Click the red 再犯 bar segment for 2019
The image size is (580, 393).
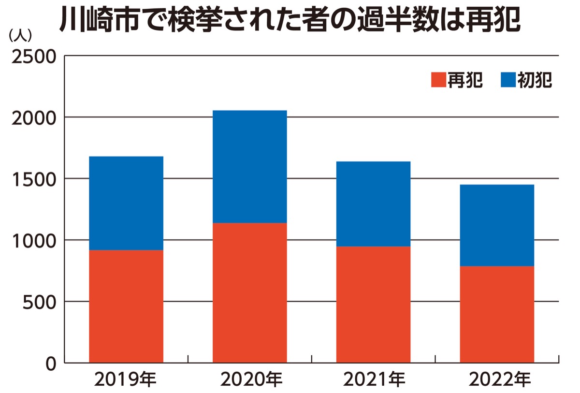click(x=126, y=306)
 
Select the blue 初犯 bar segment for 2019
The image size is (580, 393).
click(x=126, y=203)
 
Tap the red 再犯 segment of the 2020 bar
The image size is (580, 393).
click(x=249, y=292)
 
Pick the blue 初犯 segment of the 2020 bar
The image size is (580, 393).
click(x=249, y=166)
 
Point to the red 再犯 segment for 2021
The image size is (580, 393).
click(x=373, y=304)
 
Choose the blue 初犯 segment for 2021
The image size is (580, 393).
click(x=373, y=204)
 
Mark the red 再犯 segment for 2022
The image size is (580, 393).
click(x=497, y=314)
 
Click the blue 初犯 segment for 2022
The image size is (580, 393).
click(x=497, y=225)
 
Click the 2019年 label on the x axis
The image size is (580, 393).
click(x=126, y=380)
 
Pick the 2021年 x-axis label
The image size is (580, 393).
click(x=374, y=380)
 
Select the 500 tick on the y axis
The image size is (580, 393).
click(x=40, y=302)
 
